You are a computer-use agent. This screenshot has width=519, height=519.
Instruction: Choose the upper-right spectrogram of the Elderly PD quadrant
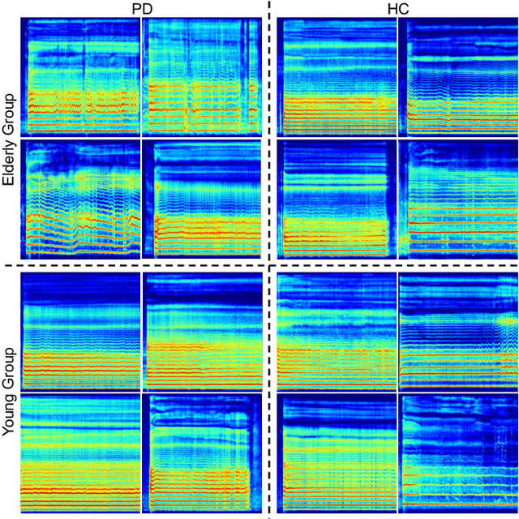pyautogui.click(x=202, y=77)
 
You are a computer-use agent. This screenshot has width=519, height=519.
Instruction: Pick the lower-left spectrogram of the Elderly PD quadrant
pyautogui.click(x=83, y=199)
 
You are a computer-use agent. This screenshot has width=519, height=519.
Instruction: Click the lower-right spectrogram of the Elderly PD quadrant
pyautogui.click(x=207, y=199)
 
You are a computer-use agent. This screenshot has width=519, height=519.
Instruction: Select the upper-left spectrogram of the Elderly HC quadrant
pyautogui.click(x=337, y=77)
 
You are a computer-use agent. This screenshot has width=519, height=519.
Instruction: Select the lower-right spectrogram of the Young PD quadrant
pyautogui.click(x=204, y=453)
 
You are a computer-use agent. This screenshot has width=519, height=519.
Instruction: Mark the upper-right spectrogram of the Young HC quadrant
pyautogui.click(x=458, y=332)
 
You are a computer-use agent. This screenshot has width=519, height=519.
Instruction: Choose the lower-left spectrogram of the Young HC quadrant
pyautogui.click(x=337, y=453)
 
